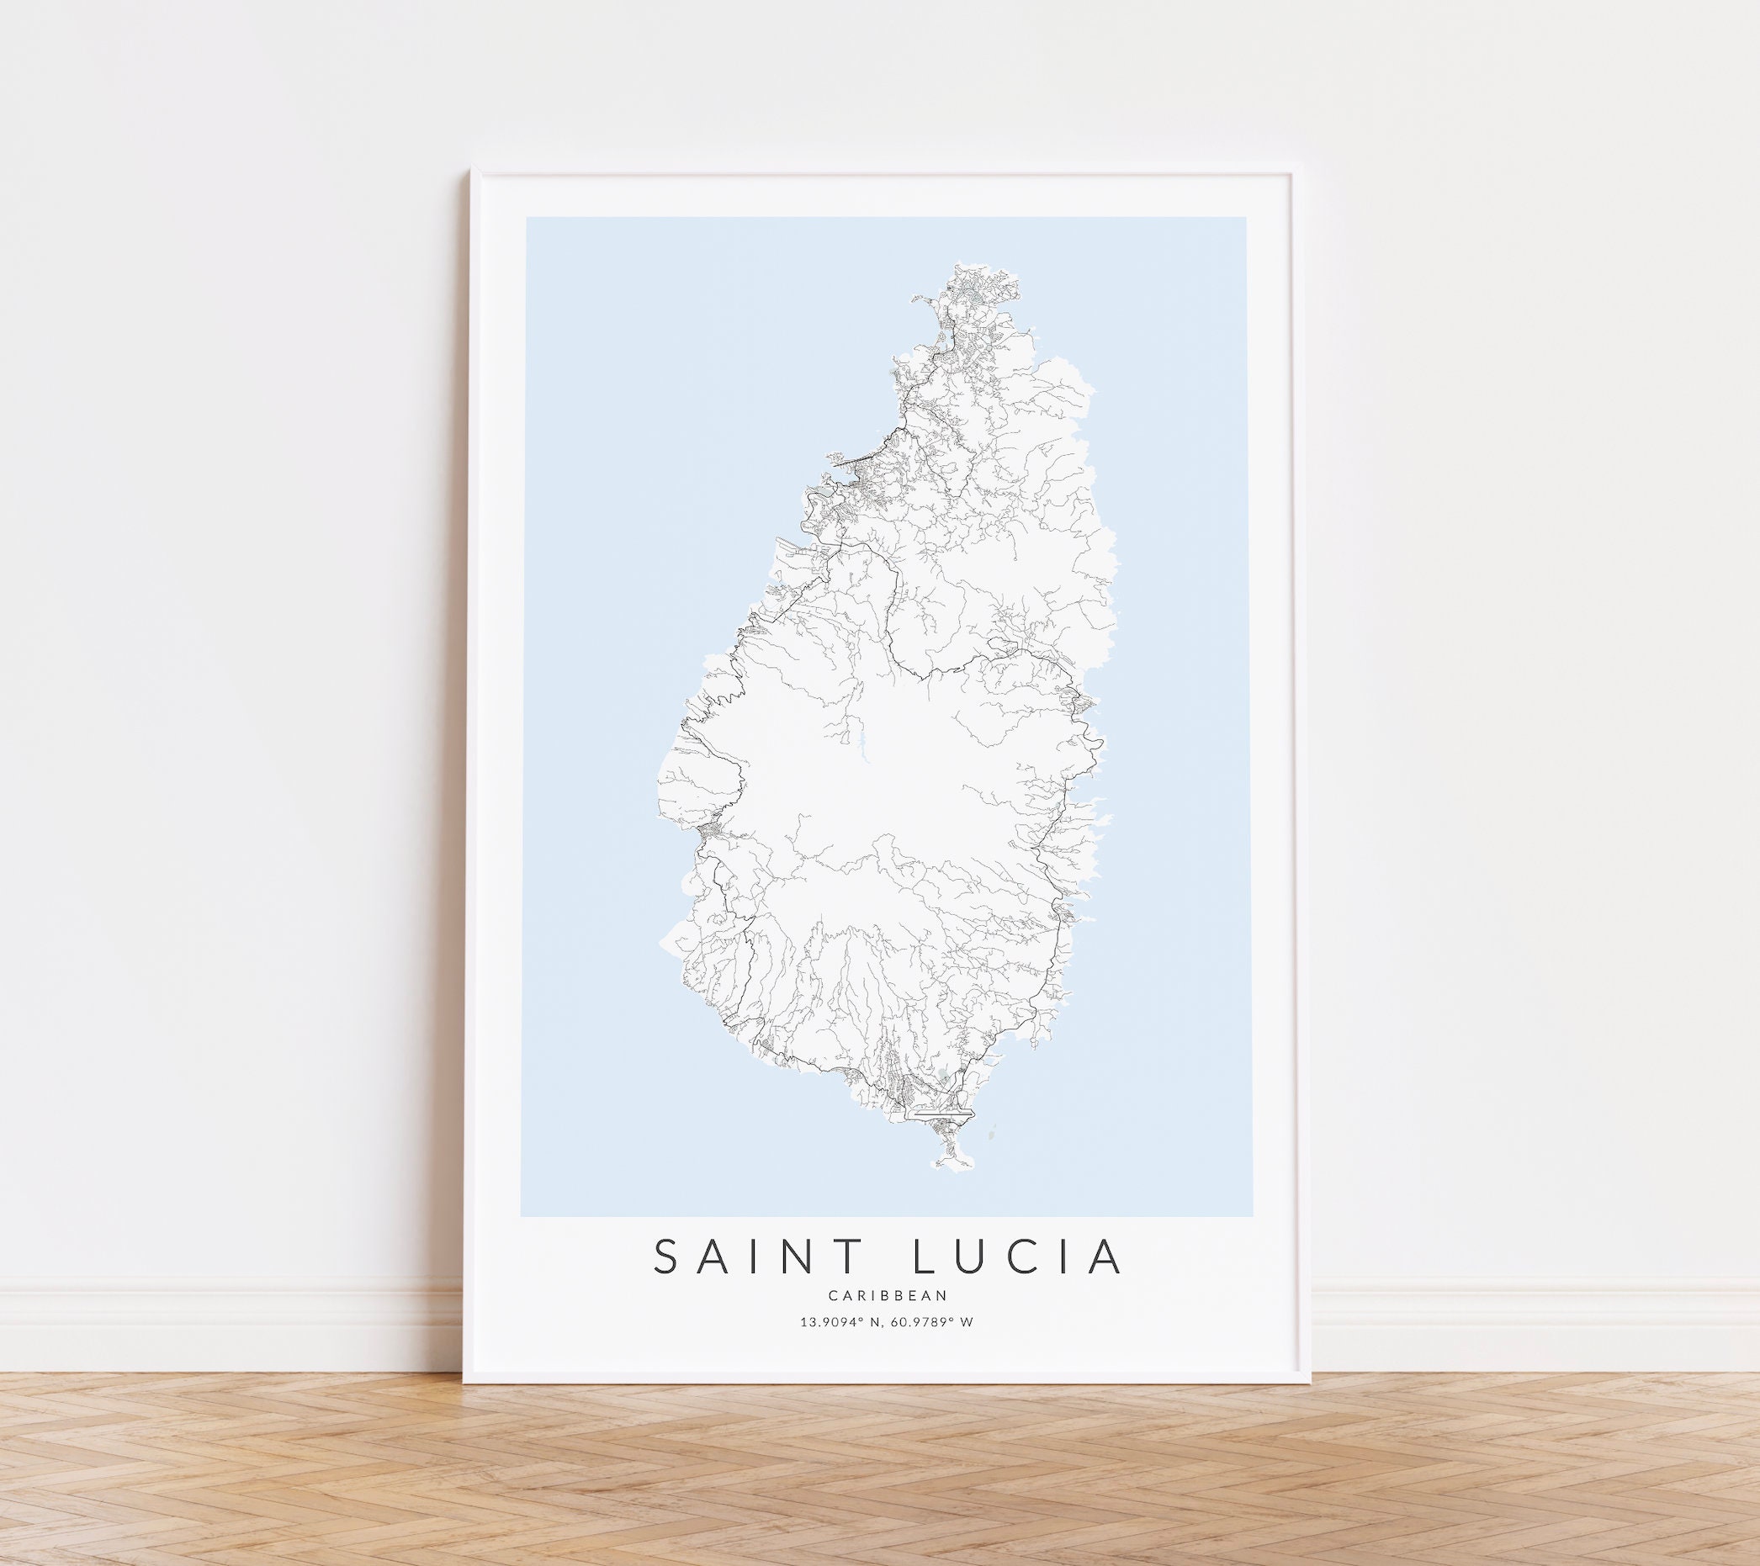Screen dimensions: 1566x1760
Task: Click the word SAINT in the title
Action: pyautogui.click(x=761, y=1280)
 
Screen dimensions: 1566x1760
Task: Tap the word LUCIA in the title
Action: pyautogui.click(x=1024, y=1280)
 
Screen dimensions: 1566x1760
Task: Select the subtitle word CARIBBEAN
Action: pyautogui.click(x=887, y=1319)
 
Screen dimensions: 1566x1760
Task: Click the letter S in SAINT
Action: pyautogui.click(x=669, y=1280)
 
